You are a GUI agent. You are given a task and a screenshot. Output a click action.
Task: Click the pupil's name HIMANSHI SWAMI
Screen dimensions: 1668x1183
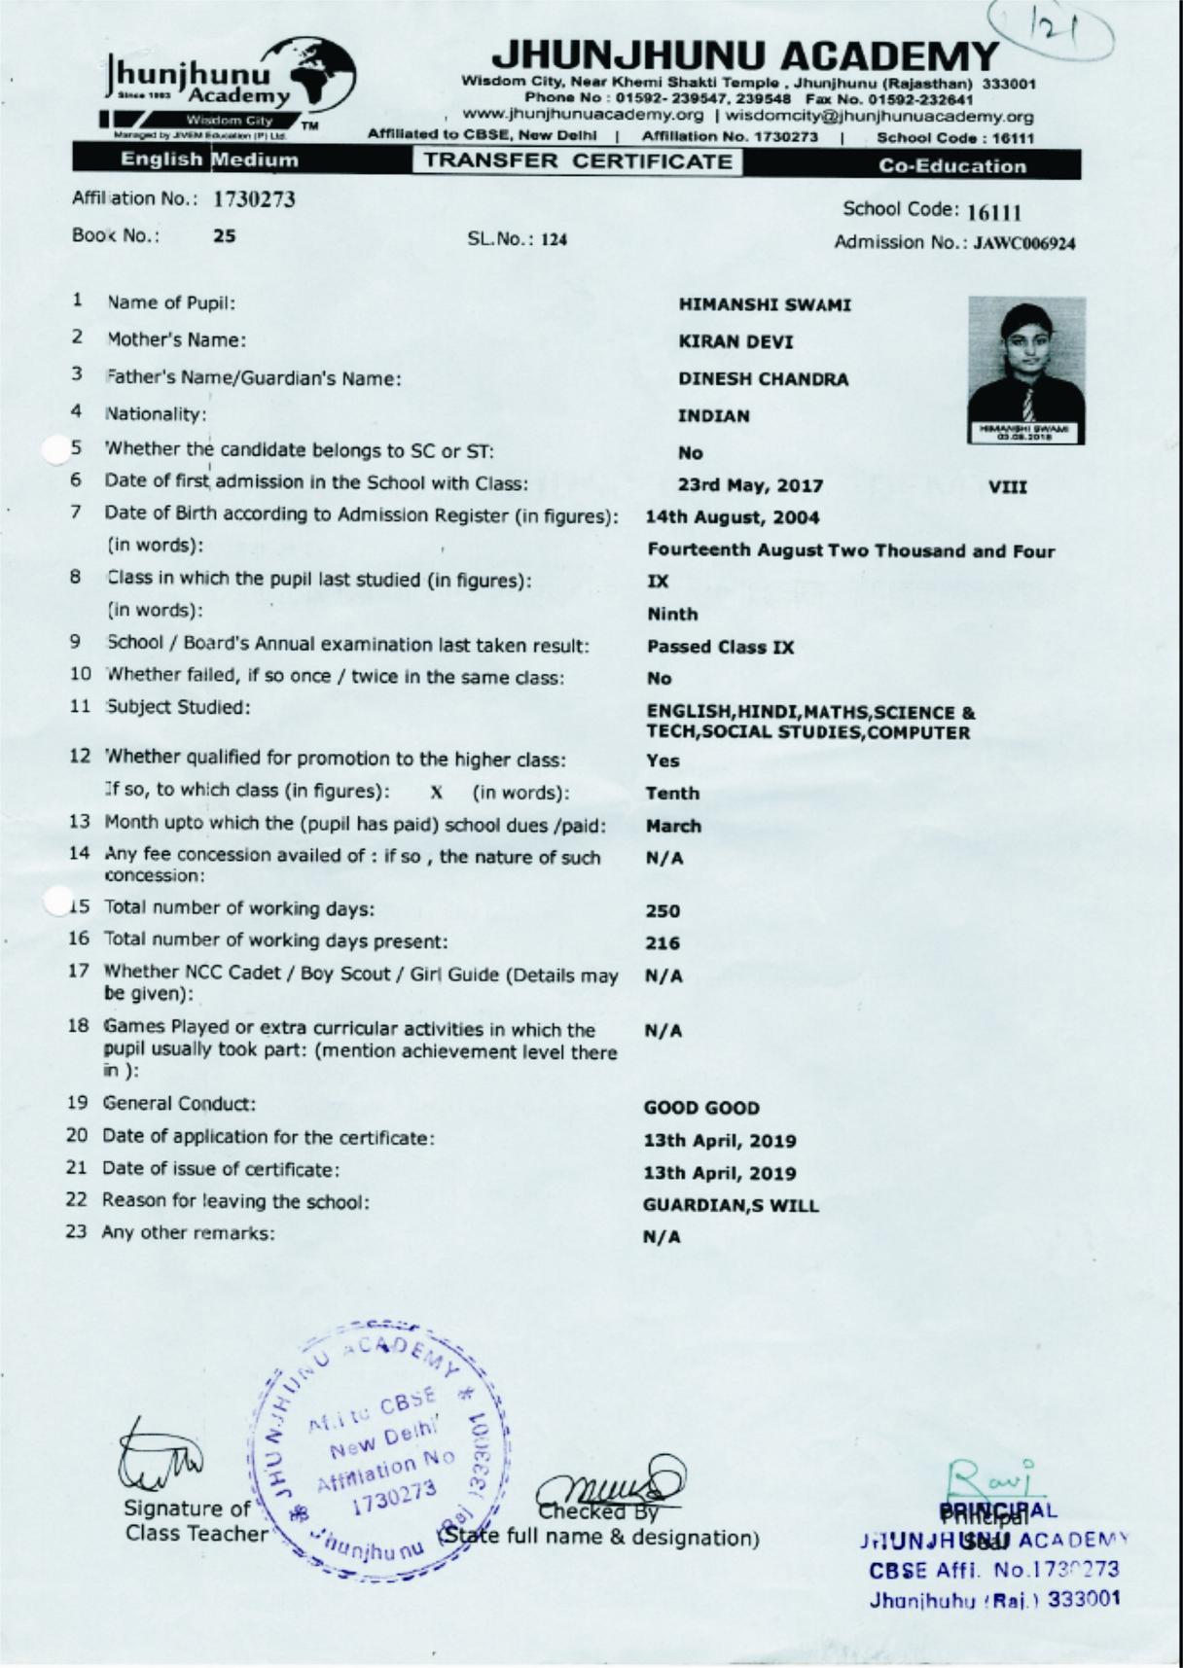tap(764, 305)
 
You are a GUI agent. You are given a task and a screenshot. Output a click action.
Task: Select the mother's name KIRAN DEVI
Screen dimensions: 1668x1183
tap(735, 342)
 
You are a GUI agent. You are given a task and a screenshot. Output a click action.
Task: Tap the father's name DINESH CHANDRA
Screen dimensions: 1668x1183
tap(763, 379)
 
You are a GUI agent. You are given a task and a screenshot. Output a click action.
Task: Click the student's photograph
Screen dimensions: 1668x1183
tap(1025, 370)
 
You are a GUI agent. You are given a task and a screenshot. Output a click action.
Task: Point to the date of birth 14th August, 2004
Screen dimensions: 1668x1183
tap(732, 517)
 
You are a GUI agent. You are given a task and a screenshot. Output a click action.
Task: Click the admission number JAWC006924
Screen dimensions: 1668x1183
tap(1023, 244)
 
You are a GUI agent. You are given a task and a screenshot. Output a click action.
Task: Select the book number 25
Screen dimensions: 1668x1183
tap(225, 236)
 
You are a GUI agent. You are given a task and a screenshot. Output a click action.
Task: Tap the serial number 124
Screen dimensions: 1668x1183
tap(553, 239)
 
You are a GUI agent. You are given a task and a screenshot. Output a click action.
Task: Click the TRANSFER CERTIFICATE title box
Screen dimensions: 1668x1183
tap(577, 162)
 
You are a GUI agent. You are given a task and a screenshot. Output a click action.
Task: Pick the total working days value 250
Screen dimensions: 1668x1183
tap(663, 911)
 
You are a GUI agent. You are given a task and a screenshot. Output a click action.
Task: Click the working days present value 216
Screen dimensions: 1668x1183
tap(663, 943)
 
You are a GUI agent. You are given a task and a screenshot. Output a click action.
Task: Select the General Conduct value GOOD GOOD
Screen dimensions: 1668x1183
tap(701, 1109)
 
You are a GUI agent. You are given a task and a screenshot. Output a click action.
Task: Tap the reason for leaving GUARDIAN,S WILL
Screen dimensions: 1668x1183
tap(731, 1206)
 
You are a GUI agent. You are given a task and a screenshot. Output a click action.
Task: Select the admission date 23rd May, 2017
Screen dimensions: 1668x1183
tap(750, 486)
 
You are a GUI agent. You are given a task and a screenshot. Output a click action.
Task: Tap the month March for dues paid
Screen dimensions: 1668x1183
tap(673, 827)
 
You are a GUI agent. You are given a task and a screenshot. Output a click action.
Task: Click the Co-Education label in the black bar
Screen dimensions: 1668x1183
tap(951, 166)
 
